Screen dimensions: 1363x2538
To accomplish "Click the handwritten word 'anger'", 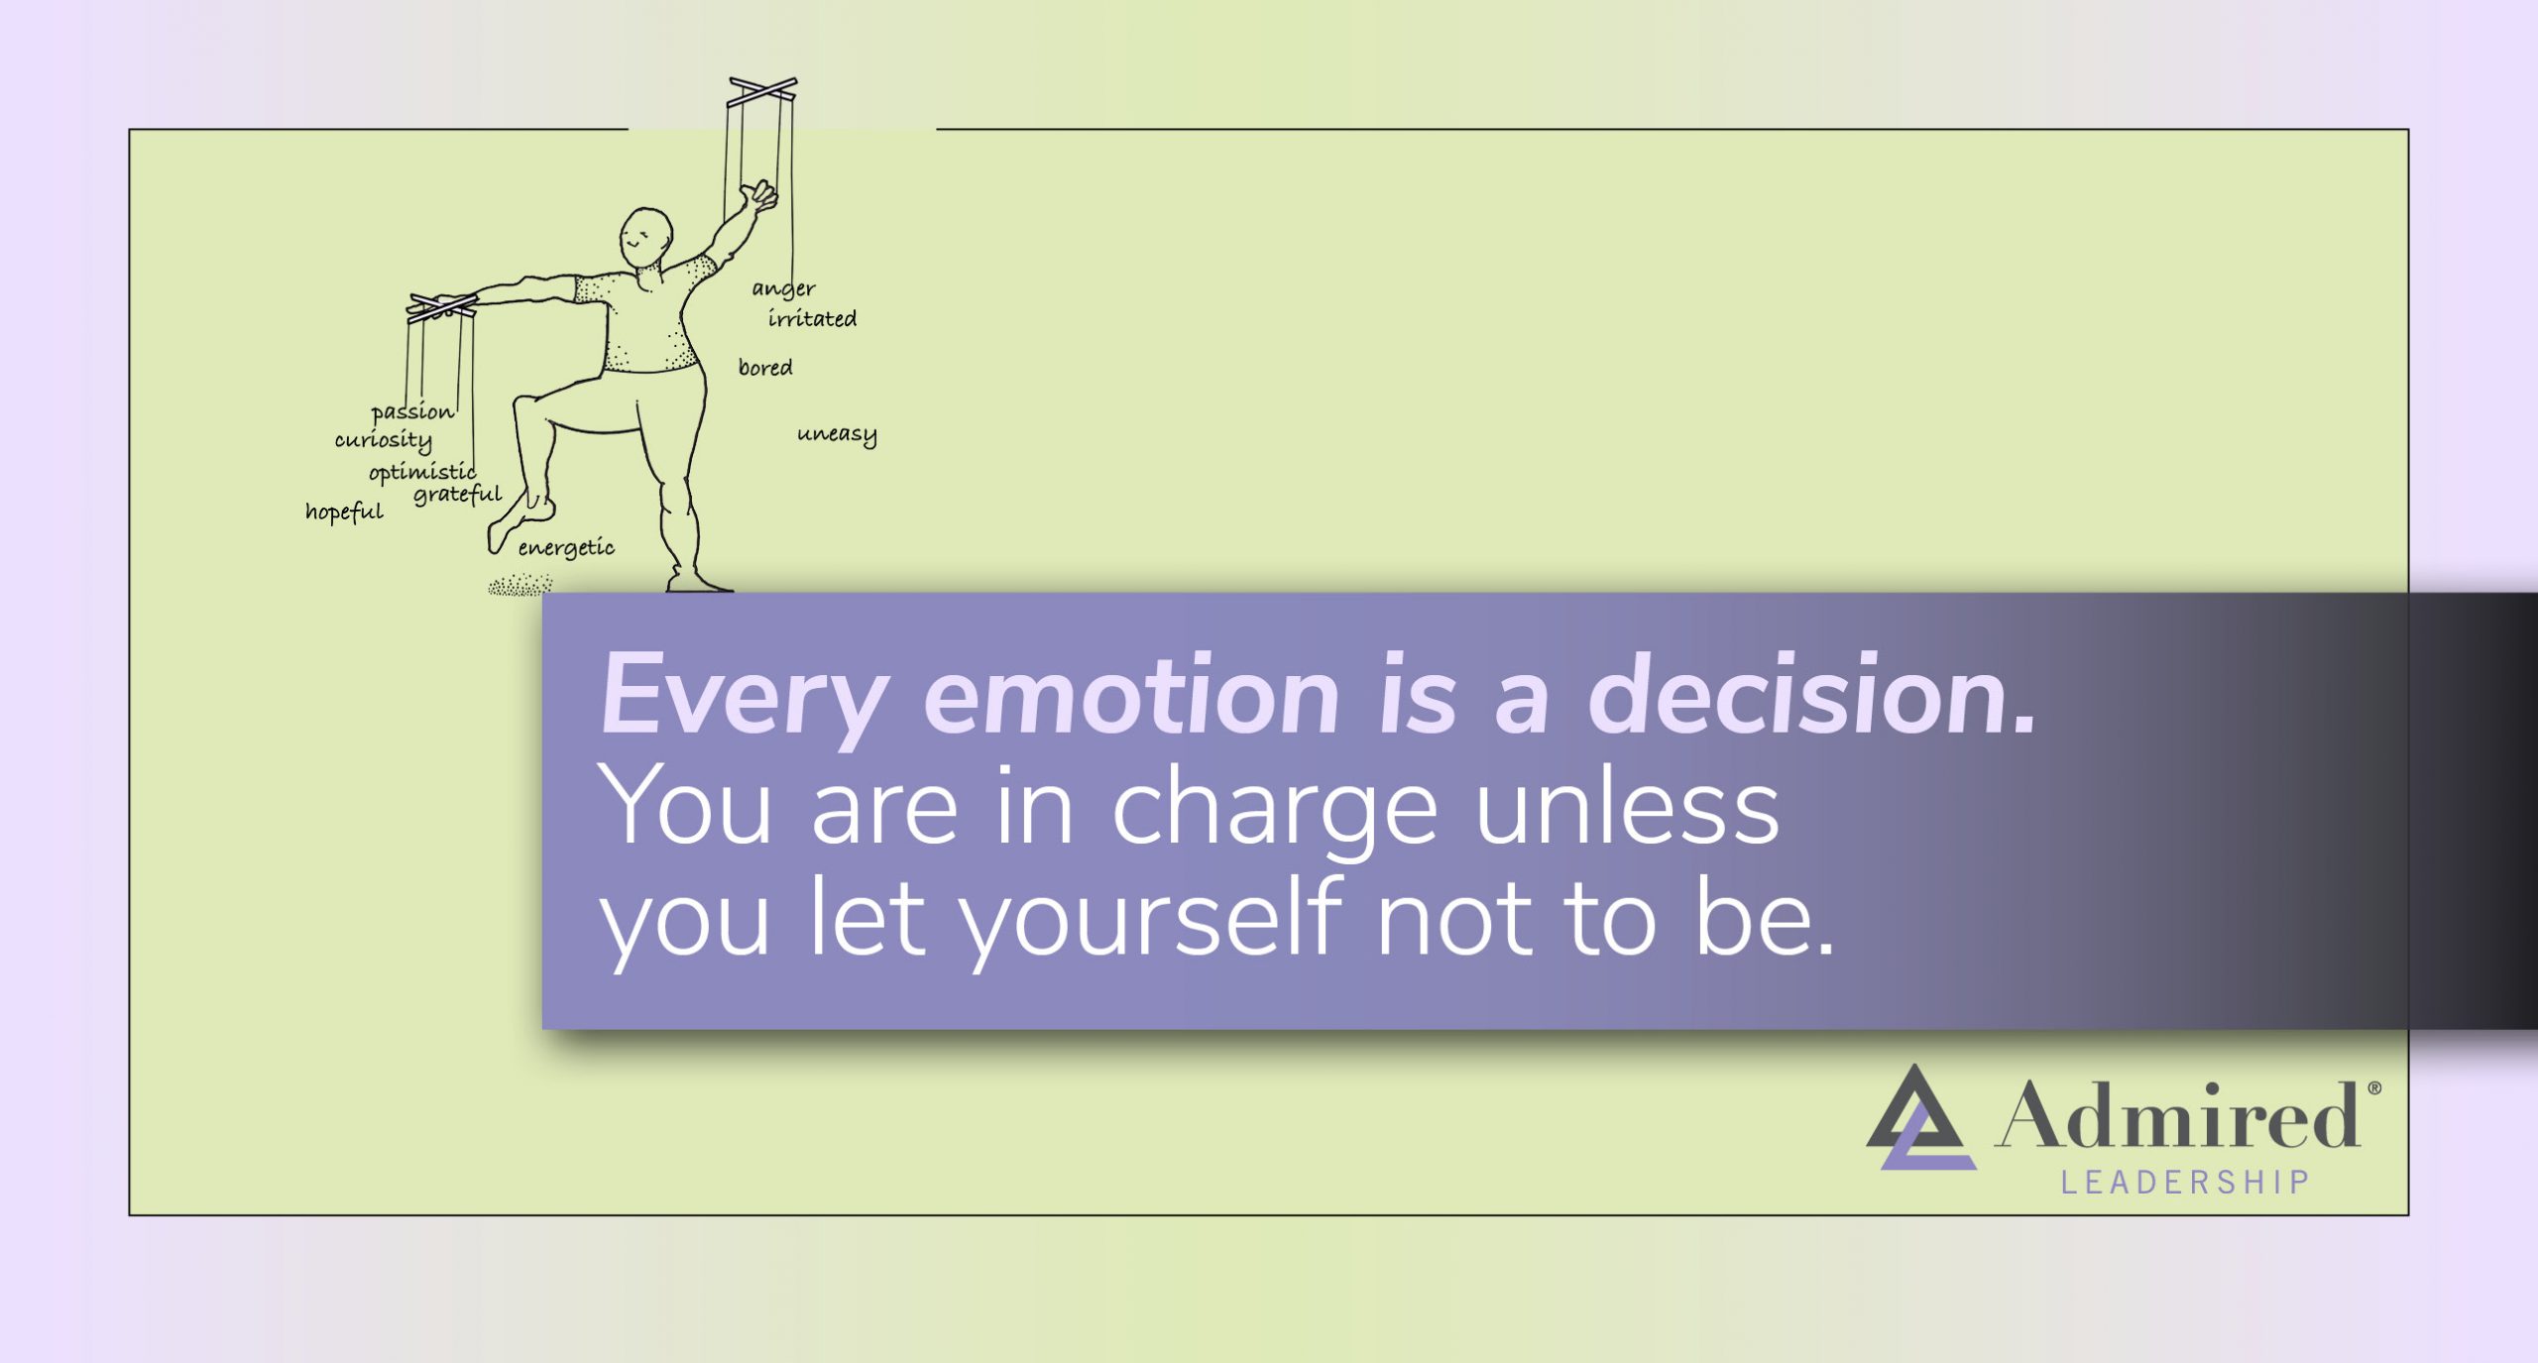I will click(783, 288).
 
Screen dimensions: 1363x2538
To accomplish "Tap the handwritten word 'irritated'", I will click(812, 318).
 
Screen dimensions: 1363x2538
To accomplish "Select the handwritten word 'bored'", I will click(765, 368).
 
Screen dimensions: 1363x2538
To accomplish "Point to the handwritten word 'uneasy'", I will click(837, 434).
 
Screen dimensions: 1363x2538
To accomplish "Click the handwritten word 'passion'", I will click(412, 412).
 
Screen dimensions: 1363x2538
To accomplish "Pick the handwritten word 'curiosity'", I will click(383, 440).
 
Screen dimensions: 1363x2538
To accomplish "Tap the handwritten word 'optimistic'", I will click(422, 472).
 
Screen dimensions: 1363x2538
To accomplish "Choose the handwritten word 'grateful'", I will click(458, 494).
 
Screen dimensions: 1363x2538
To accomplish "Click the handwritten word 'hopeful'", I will click(344, 511).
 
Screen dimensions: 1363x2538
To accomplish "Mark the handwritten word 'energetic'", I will click(566, 548).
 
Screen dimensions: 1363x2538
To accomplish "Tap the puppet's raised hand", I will click(760, 194).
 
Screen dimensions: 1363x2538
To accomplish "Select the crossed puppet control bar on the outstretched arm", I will click(441, 305).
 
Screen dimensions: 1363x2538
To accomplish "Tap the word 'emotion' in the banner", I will click(1131, 696).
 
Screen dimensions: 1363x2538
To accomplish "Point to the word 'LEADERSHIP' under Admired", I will click(2185, 1183).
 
